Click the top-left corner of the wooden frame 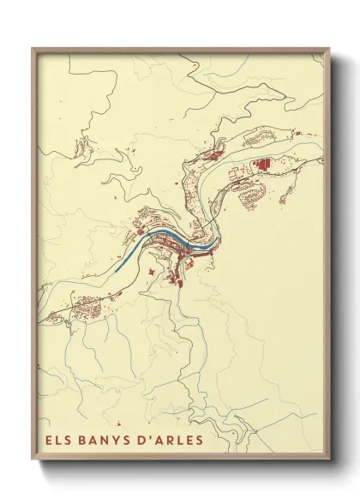coord(33,49)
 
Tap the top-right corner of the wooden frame coord(328,49)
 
